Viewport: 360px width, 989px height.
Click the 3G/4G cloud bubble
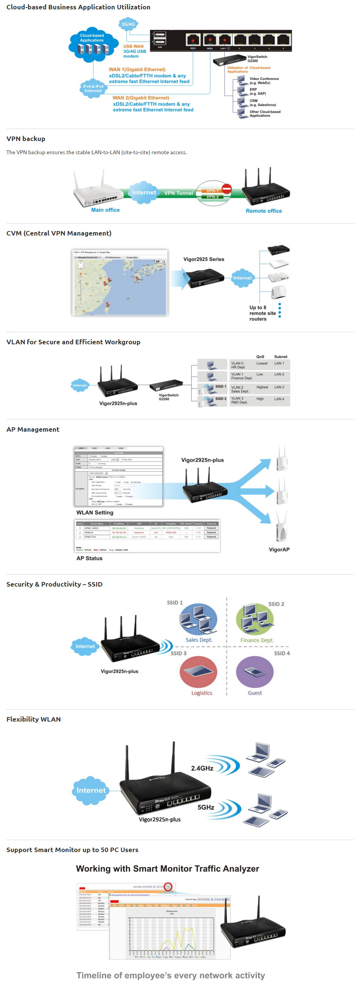[128, 24]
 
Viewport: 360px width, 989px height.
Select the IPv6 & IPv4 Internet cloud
[93, 89]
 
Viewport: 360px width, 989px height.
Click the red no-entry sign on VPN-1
[226, 189]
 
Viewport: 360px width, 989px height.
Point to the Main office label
[105, 210]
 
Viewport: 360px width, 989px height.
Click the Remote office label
[264, 211]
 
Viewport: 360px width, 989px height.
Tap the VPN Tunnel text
[178, 193]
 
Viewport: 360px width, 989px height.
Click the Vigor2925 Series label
[203, 259]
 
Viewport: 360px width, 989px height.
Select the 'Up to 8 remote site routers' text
[262, 313]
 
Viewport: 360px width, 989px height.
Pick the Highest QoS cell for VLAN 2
[262, 387]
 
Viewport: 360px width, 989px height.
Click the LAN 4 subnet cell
[279, 399]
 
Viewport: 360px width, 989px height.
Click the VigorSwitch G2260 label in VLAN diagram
[168, 396]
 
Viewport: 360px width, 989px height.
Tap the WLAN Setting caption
[95, 513]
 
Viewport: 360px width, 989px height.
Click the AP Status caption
[89, 558]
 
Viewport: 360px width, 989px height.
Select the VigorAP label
[279, 549]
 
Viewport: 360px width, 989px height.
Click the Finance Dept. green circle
[255, 619]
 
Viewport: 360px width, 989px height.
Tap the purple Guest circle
[255, 672]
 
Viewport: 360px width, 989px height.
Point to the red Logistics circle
[198, 672]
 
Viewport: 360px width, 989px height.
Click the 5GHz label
[206, 807]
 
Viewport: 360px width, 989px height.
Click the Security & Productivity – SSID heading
[54, 584]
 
